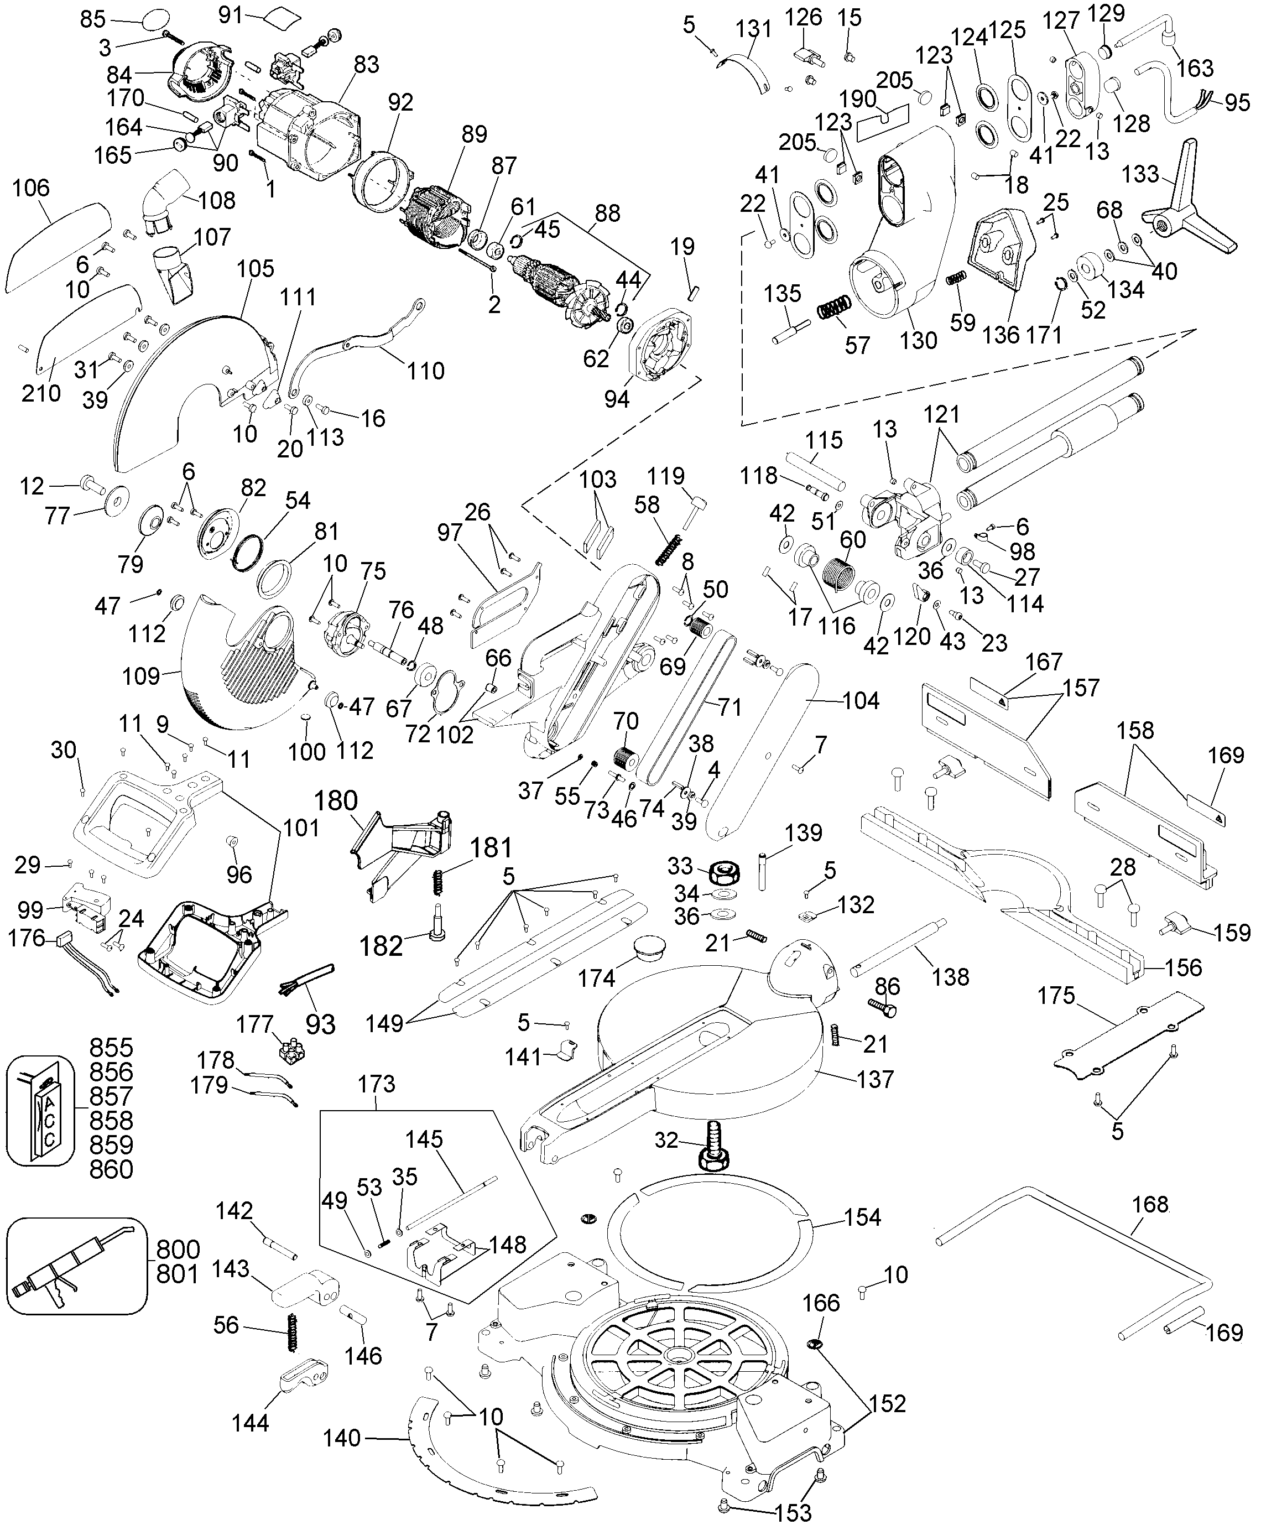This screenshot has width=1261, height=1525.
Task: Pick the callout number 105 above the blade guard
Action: coord(256,269)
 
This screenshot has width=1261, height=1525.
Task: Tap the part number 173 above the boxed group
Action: coord(377,1084)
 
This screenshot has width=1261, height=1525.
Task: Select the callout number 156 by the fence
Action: coord(1184,967)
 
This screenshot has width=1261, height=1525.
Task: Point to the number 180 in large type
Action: coord(337,801)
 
